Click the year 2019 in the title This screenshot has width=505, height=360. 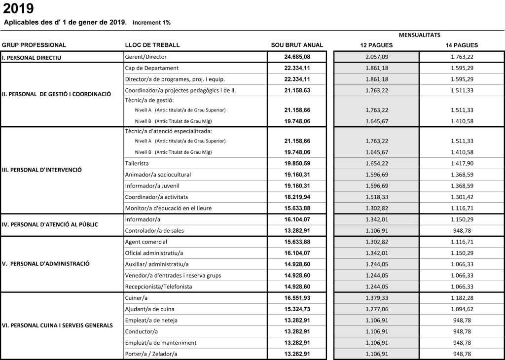[19, 8]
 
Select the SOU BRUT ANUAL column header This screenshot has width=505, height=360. [297, 45]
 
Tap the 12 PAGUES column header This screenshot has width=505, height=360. [376, 45]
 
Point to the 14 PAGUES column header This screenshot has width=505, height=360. [462, 45]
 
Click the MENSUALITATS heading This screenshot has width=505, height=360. [419, 35]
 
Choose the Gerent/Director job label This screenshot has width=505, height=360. [146, 57]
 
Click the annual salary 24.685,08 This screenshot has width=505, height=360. [297, 57]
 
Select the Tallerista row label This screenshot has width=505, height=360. [137, 163]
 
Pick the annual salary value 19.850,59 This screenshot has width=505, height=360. [297, 163]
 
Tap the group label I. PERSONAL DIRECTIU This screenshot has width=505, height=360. [32, 58]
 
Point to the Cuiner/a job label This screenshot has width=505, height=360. [137, 298]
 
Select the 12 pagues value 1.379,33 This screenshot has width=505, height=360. [376, 298]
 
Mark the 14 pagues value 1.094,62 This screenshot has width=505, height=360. [462, 309]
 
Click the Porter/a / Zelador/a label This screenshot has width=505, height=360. [151, 354]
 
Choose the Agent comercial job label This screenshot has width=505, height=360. [146, 242]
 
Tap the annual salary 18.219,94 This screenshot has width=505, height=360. [297, 197]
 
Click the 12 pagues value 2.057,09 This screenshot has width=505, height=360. [376, 57]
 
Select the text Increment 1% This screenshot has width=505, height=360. [151, 23]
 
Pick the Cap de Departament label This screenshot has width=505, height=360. [152, 68]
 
